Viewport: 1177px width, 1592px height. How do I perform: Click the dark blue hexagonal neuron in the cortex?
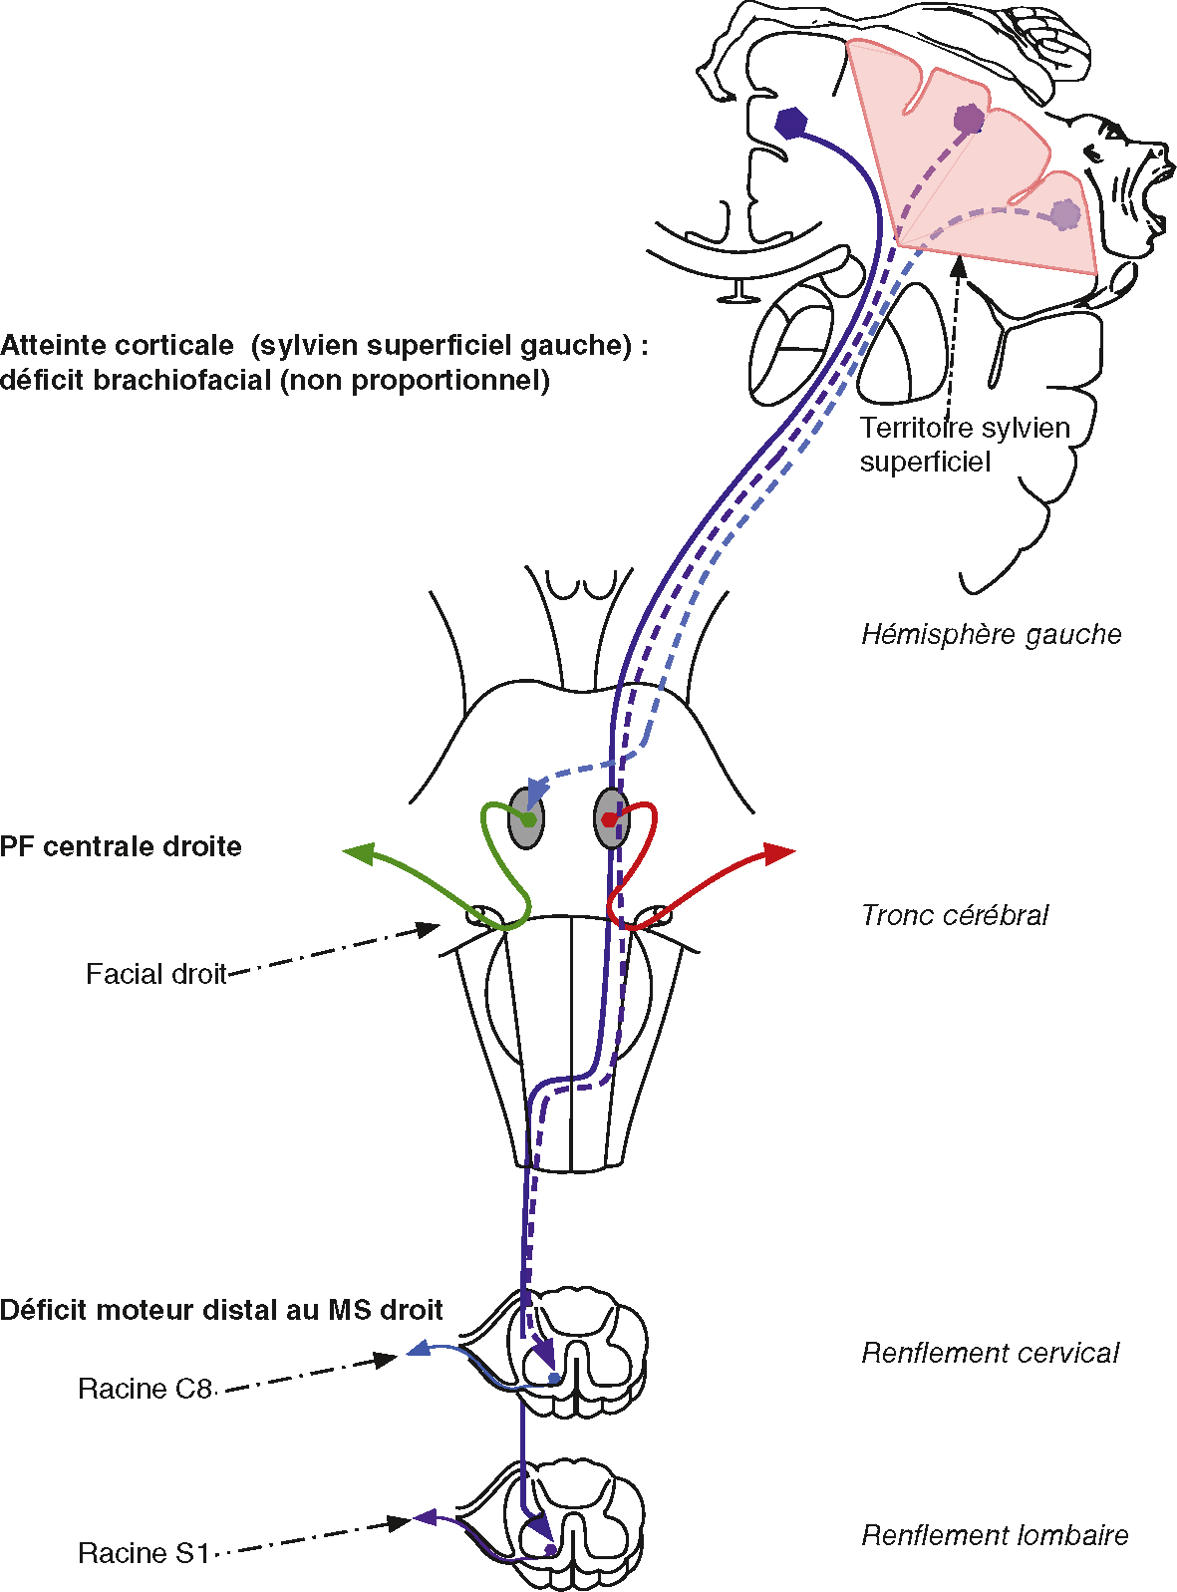[791, 122]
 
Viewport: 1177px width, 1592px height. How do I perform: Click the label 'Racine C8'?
[145, 1389]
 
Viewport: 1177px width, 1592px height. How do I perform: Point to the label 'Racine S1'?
[144, 1553]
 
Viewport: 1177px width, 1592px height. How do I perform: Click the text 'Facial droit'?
[155, 974]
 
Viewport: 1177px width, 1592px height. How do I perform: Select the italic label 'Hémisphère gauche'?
[991, 634]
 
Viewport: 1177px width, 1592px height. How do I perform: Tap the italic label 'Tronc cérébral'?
[954, 915]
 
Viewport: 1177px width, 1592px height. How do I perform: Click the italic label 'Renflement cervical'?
[990, 1353]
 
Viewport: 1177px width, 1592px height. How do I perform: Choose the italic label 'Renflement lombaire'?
[994, 1535]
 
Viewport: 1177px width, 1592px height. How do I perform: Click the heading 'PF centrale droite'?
[121, 846]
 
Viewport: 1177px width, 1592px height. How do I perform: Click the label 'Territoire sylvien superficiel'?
[964, 445]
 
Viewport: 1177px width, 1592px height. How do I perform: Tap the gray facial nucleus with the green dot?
[525, 818]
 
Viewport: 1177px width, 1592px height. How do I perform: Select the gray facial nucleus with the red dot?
[611, 818]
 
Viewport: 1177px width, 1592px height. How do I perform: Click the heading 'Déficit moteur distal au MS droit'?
[221, 1310]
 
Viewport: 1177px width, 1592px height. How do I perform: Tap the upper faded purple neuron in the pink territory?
[968, 120]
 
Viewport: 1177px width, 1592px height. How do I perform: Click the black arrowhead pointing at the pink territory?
[959, 266]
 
